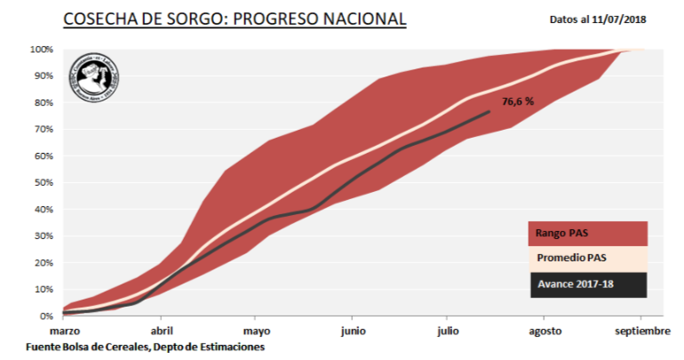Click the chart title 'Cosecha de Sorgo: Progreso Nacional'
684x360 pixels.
click(x=235, y=18)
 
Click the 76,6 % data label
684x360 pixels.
click(x=518, y=102)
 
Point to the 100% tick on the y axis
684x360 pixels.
click(x=40, y=49)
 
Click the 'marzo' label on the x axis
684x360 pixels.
click(x=65, y=331)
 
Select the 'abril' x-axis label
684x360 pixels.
click(x=161, y=331)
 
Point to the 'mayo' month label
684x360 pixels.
click(x=256, y=331)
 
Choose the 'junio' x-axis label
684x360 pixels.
click(x=353, y=331)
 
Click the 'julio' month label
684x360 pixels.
click(x=449, y=331)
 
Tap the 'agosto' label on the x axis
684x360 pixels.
click(x=545, y=331)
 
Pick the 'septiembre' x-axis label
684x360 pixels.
click(x=641, y=331)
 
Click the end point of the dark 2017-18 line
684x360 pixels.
click(x=489, y=111)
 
